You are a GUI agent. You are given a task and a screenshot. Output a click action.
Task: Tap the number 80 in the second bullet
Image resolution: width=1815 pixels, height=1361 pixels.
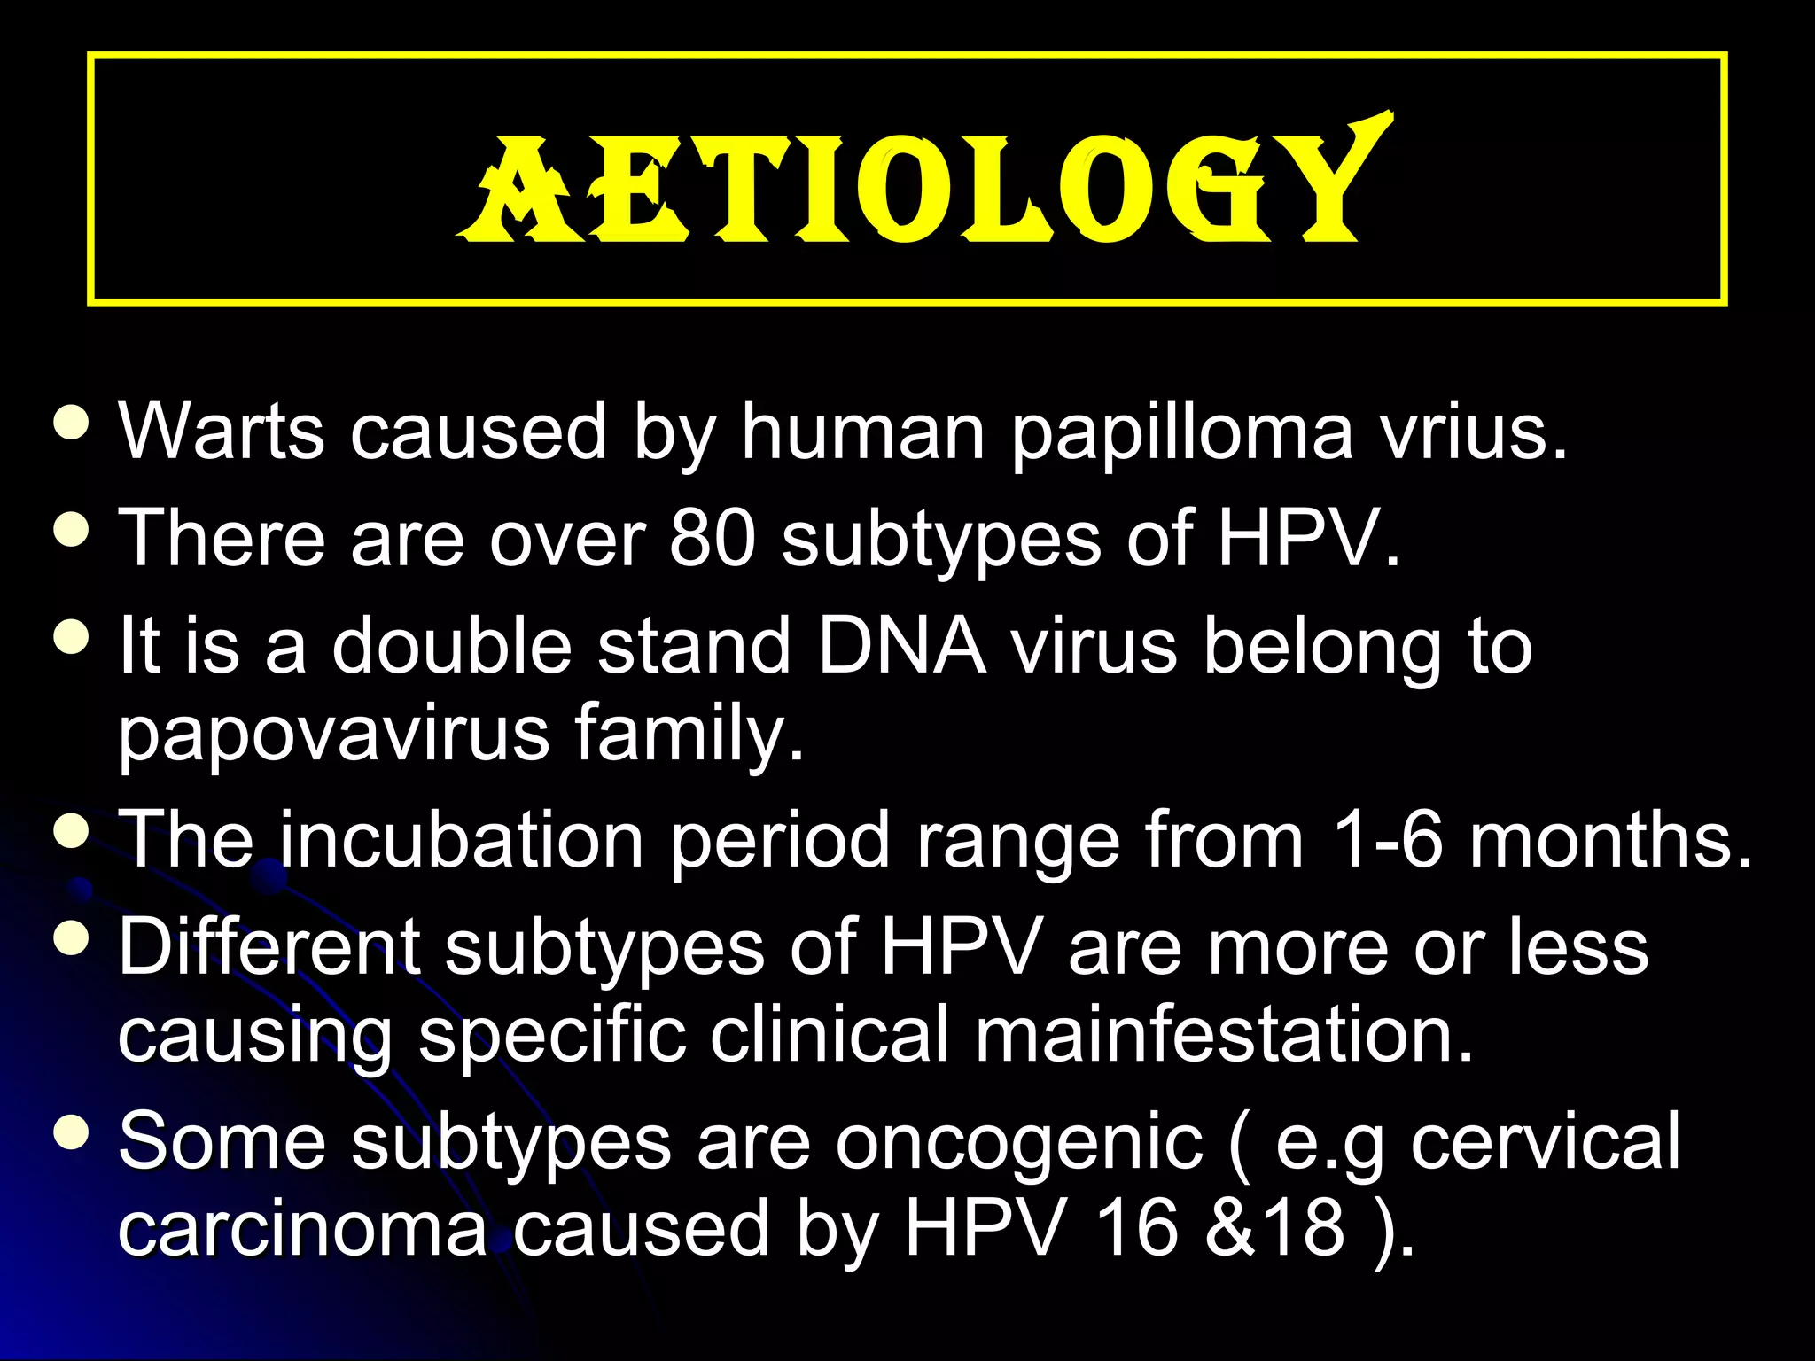click(713, 538)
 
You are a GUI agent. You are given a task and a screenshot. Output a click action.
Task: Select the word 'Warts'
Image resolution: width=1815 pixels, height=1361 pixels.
click(222, 432)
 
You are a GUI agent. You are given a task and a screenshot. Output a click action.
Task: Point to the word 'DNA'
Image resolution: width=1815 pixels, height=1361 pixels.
click(901, 645)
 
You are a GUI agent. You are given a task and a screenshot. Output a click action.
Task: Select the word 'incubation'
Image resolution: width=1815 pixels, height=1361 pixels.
click(462, 839)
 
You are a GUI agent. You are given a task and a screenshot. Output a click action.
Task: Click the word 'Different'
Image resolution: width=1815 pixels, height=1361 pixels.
click(269, 946)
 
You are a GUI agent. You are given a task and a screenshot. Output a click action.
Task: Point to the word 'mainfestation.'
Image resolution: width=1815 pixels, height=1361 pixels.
click(1224, 1035)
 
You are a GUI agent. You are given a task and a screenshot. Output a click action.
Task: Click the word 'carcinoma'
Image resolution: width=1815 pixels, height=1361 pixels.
click(302, 1230)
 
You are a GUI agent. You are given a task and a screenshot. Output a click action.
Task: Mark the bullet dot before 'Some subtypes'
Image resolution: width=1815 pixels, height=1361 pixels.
click(71, 1132)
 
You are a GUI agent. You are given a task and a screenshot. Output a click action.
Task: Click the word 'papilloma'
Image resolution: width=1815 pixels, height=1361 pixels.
click(1182, 432)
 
